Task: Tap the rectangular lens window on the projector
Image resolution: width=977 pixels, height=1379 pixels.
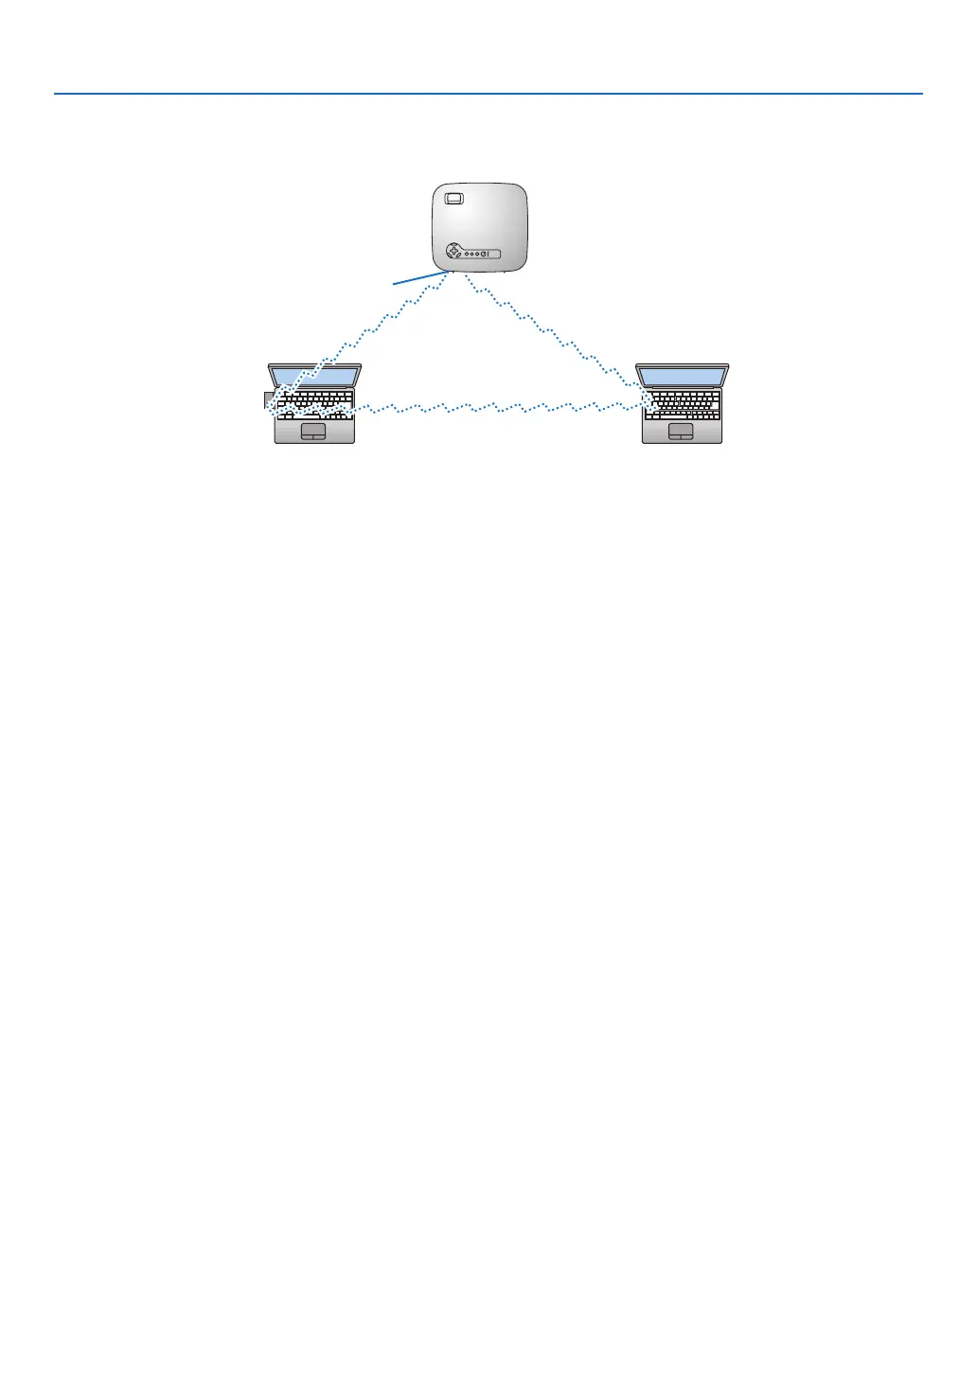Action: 453,199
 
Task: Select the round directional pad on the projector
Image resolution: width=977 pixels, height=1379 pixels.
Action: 453,253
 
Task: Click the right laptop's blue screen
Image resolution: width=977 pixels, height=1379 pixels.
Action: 683,375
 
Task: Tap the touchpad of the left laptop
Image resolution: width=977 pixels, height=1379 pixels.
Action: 313,432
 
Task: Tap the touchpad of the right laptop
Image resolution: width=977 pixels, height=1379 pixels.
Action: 681,432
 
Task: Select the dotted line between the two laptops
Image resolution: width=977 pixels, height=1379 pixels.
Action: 492,408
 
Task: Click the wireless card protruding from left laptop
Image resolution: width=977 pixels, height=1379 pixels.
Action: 268,400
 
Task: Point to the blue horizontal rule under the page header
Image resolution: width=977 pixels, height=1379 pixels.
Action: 488,94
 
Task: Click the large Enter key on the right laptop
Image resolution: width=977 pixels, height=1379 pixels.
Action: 715,403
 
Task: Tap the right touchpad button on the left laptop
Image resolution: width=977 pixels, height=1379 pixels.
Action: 320,437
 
